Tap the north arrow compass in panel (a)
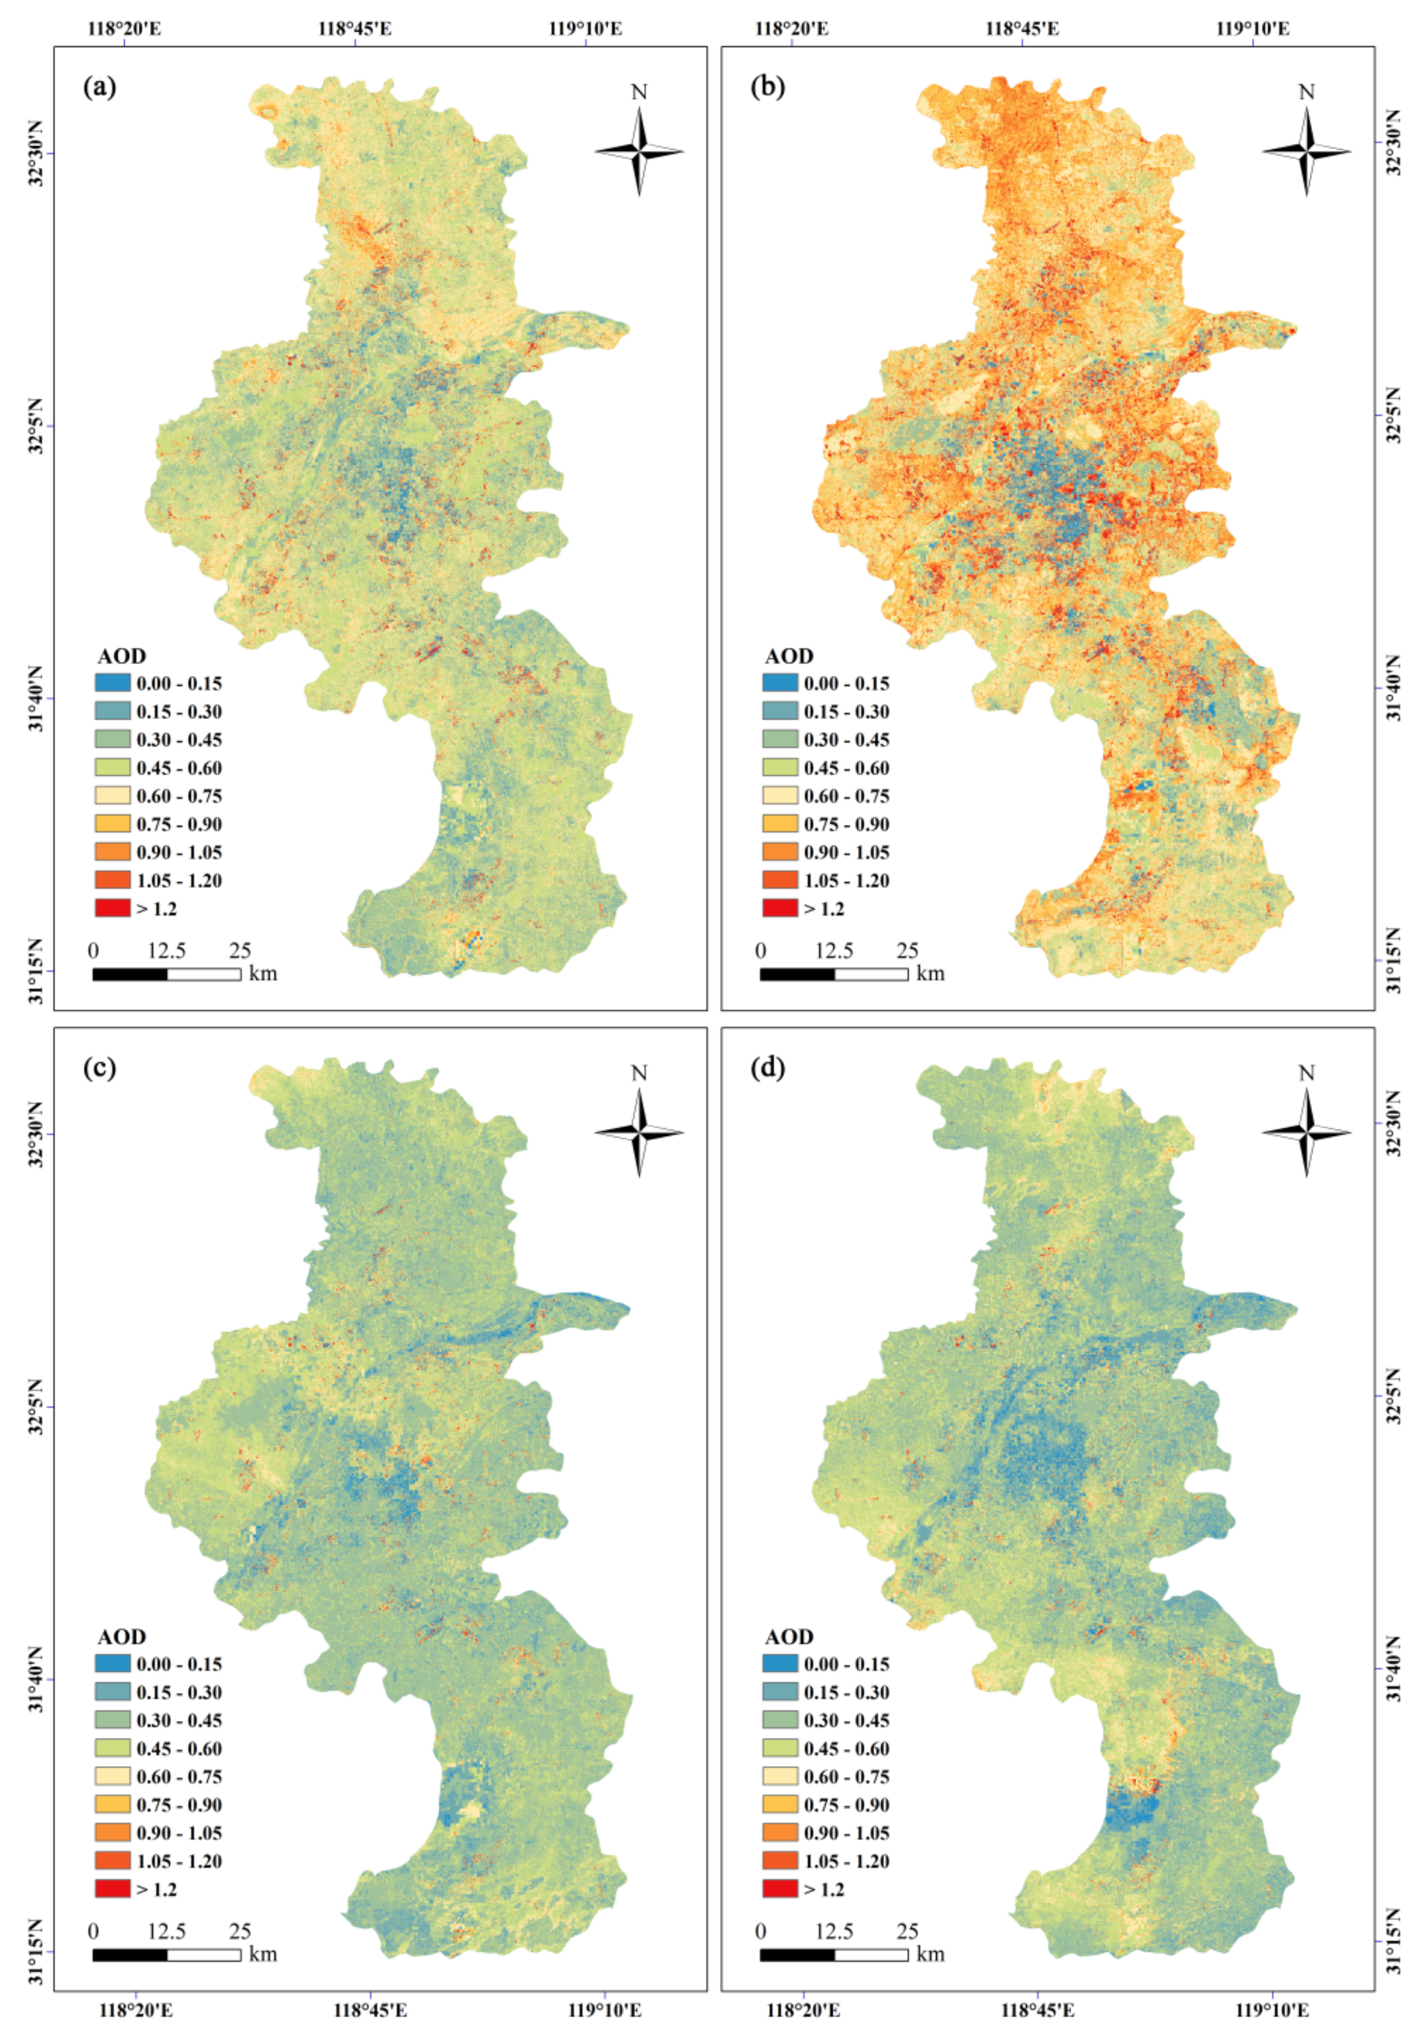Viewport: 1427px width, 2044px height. coord(639,152)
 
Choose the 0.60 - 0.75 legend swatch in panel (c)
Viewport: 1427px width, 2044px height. coord(112,1776)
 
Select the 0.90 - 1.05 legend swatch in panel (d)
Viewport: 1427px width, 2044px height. coord(780,1832)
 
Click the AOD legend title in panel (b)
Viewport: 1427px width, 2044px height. coord(789,656)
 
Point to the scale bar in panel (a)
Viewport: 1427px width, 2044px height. coord(167,974)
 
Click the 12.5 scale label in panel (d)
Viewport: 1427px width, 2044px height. coord(834,1931)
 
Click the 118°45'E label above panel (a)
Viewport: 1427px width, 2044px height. coord(354,28)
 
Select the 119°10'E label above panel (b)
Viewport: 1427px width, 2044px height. coord(1253,28)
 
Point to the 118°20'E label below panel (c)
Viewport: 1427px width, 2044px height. coord(135,2010)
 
